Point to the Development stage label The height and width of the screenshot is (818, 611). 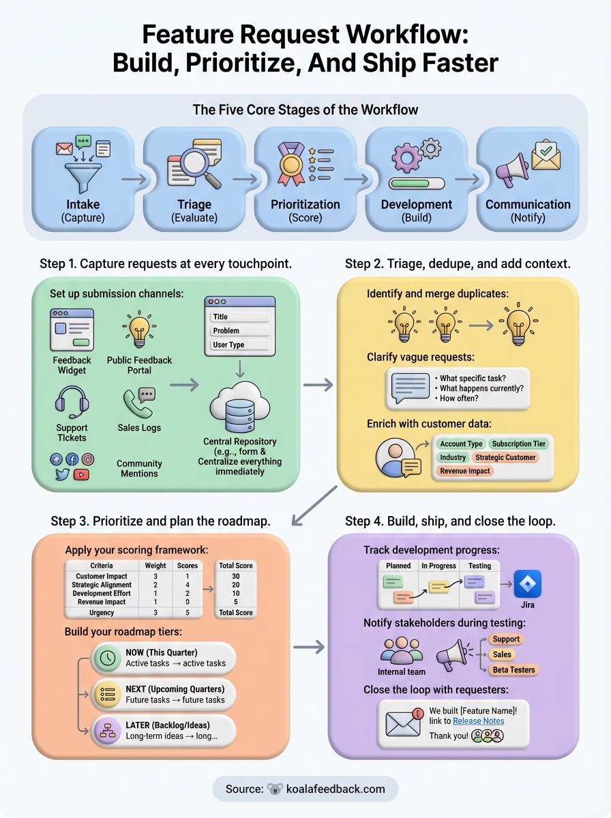(x=416, y=204)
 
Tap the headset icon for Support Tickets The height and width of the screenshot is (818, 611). (x=72, y=402)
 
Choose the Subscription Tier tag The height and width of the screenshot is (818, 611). (x=519, y=444)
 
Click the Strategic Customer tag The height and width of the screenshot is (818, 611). (x=505, y=457)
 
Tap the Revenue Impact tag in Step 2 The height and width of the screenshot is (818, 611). (x=465, y=471)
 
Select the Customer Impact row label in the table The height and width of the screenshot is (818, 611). (x=101, y=577)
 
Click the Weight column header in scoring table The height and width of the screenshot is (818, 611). (x=155, y=566)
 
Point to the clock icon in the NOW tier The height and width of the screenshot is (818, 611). (x=107, y=658)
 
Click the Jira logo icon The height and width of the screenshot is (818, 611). (x=528, y=584)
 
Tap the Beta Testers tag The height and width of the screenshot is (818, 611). (x=513, y=669)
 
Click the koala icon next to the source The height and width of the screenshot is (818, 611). (x=275, y=789)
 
